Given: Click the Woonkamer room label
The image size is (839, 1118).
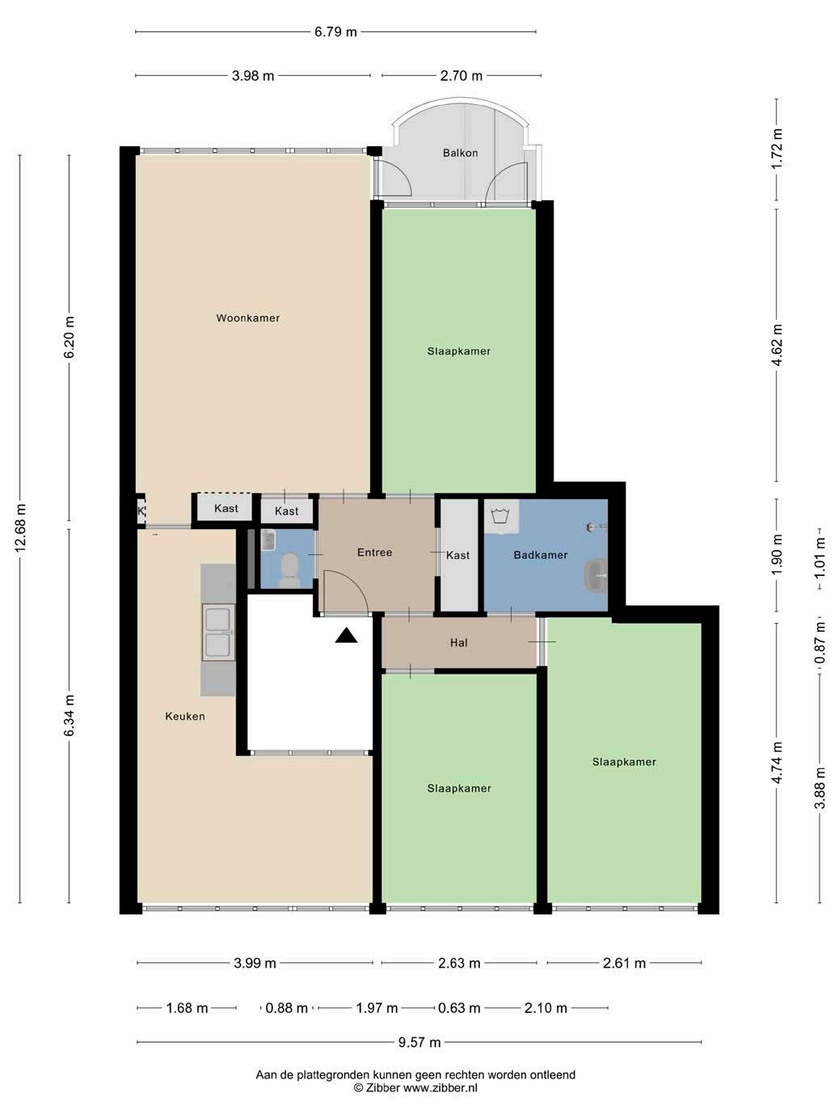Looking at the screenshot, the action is pyautogui.click(x=247, y=317).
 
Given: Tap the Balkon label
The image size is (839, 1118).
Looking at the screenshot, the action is pyautogui.click(x=460, y=153).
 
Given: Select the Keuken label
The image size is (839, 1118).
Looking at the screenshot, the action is pyautogui.click(x=185, y=717).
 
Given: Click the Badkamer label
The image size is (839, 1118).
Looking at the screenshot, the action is pyautogui.click(x=541, y=555).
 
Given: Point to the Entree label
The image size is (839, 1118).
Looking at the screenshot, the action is pyautogui.click(x=374, y=552).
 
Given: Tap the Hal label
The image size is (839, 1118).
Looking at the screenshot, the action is pyautogui.click(x=458, y=643).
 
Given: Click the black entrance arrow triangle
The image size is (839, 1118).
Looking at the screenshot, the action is pyautogui.click(x=346, y=635).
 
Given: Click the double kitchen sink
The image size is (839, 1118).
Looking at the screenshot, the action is pyautogui.click(x=218, y=632).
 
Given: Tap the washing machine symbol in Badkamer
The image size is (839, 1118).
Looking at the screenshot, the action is pyautogui.click(x=501, y=516).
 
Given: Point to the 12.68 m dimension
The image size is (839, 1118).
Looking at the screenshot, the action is pyautogui.click(x=20, y=528).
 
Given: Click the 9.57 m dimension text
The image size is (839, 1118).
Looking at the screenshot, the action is pyautogui.click(x=419, y=1042).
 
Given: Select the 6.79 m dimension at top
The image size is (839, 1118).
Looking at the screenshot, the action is pyautogui.click(x=335, y=32).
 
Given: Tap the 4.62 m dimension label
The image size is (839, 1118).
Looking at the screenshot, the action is pyautogui.click(x=777, y=345).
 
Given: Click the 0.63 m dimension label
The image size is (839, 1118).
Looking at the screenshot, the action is pyautogui.click(x=459, y=1008).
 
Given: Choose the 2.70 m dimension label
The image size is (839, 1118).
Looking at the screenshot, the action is pyautogui.click(x=461, y=76).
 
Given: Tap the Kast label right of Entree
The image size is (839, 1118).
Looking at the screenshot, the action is pyautogui.click(x=457, y=555).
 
